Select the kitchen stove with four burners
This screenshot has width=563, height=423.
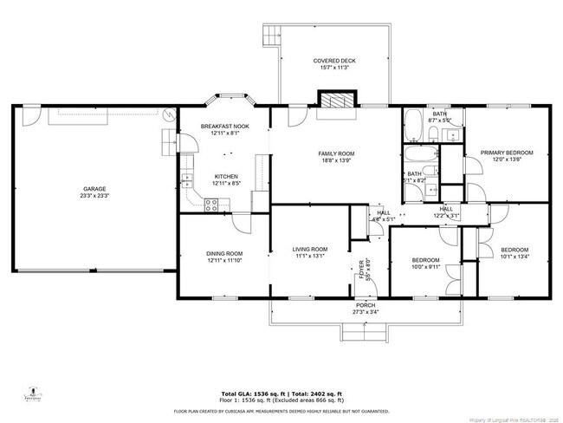211,205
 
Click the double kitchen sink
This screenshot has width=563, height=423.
185,182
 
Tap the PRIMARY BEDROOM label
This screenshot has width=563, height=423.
507,153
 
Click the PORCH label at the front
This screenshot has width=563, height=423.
365,305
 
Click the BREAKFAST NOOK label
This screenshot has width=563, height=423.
224,127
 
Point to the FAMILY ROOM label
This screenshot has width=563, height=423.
337,153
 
